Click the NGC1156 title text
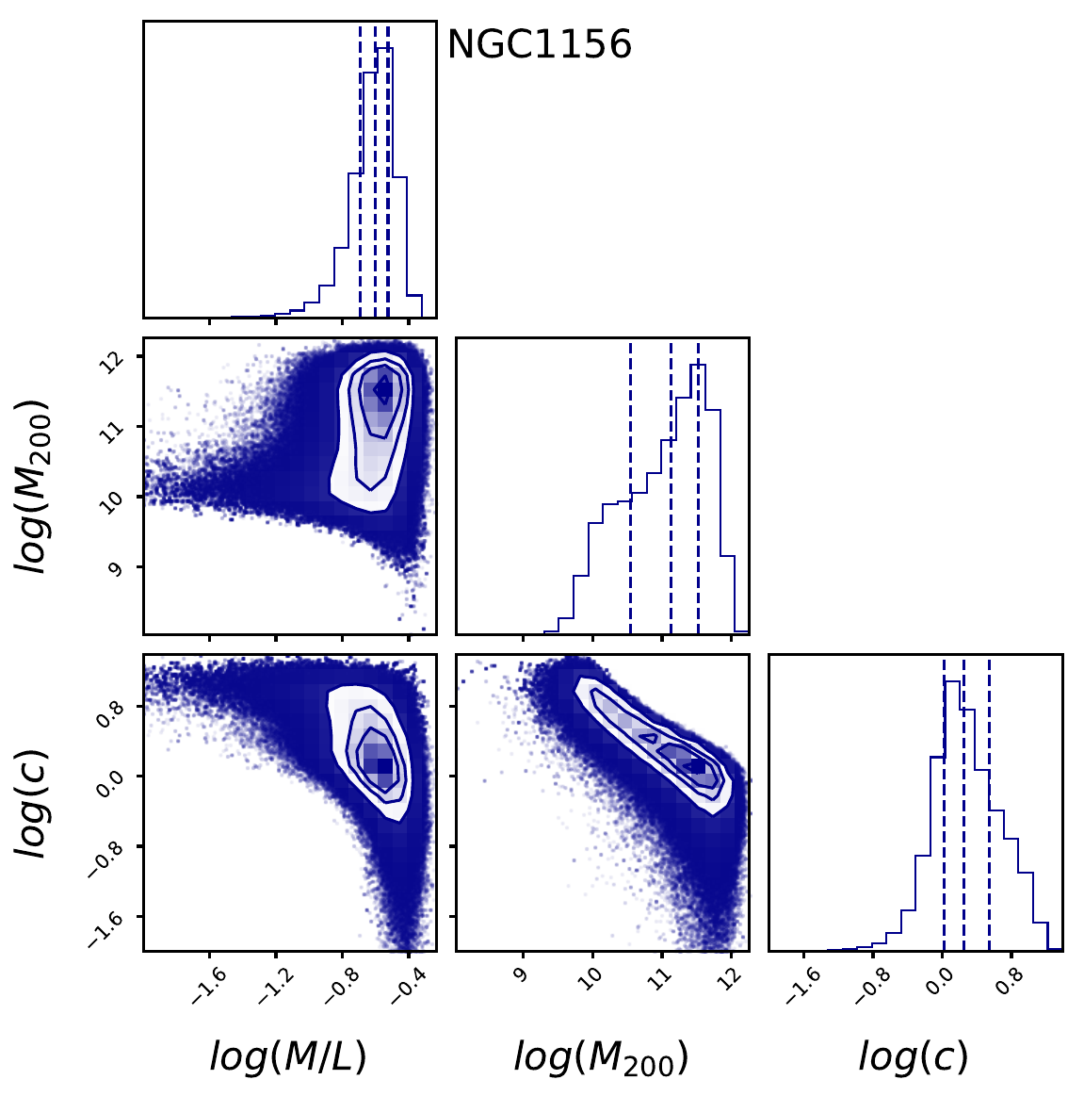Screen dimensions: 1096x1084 tap(539, 44)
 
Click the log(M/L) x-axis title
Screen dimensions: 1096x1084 tap(287, 1057)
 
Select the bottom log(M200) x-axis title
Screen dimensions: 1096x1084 tap(601, 1057)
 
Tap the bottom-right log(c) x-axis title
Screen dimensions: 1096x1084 tap(913, 1057)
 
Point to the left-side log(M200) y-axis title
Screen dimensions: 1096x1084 tap(36, 485)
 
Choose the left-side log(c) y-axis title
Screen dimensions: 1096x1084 tap(36, 801)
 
